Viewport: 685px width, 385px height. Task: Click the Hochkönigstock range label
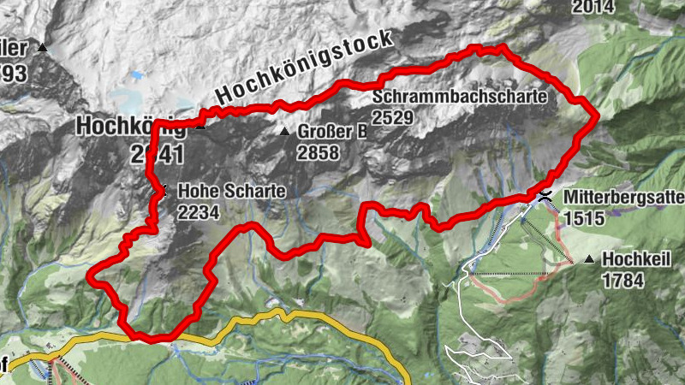point(305,68)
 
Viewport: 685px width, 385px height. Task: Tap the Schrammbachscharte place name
point(459,97)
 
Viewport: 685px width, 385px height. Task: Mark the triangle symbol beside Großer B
point(285,132)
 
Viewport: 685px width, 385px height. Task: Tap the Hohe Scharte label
point(231,192)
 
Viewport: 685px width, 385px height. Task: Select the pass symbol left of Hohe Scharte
point(159,192)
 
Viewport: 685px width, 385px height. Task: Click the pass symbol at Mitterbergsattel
point(545,197)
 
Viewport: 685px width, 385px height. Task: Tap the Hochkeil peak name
point(634,259)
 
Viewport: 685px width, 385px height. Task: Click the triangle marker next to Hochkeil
point(589,258)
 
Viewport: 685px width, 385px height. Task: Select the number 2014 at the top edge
point(593,7)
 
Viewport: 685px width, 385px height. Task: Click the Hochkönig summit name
point(128,126)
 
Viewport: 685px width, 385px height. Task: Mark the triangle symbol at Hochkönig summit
point(200,126)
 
